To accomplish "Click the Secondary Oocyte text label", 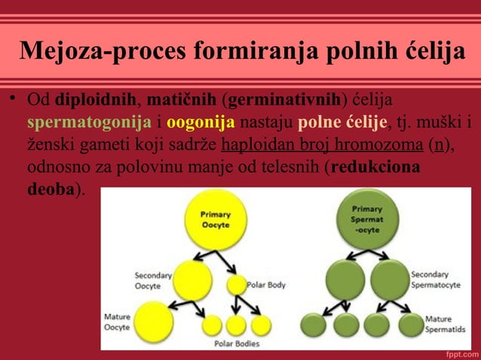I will point(152,280).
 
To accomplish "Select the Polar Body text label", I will point(266,285).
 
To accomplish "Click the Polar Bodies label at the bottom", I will point(237,343).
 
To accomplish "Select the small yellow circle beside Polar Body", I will point(236,285).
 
